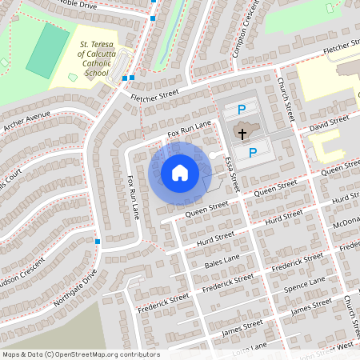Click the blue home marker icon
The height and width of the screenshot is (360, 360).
[x=179, y=172]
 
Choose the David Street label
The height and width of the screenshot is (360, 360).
[x=330, y=123]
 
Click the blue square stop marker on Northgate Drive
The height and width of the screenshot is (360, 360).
[x=97, y=241]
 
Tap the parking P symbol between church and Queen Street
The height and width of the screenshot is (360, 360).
[x=252, y=152]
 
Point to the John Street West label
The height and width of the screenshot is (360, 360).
[x=330, y=349]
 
